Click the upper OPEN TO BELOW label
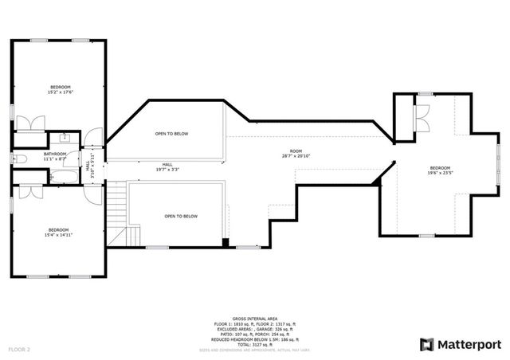pyautogui.click(x=171, y=134)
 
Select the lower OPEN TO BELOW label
pyautogui.click(x=180, y=217)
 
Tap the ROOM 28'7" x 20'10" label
pyautogui.click(x=296, y=154)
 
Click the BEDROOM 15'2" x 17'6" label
pyautogui.click(x=61, y=89)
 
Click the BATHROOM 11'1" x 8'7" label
pyautogui.click(x=55, y=156)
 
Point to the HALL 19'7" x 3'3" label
pyautogui.click(x=167, y=167)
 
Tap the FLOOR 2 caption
pyautogui.click(x=19, y=349)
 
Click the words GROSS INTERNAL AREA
pyautogui.click(x=255, y=317)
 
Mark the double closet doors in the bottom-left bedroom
pyautogui.click(x=32, y=191)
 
